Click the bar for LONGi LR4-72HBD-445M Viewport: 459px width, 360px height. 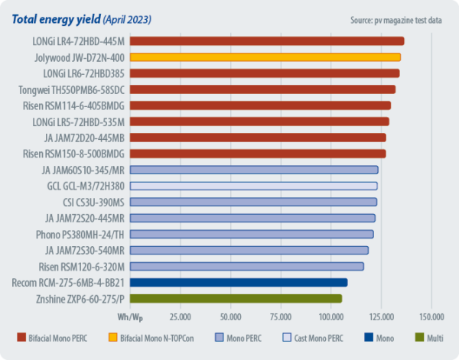click(267, 41)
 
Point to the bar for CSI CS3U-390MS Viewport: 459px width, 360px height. click(253, 202)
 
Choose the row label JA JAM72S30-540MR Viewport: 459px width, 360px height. click(85, 250)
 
